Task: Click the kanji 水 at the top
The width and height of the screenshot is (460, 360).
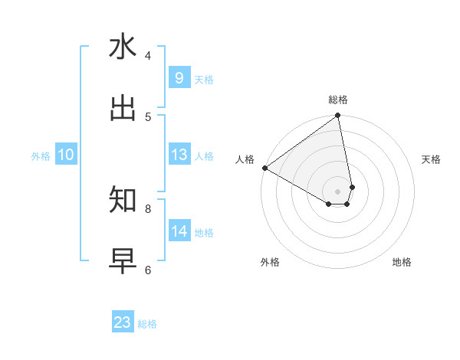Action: [x=123, y=47]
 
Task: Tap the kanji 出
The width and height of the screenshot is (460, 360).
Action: [x=123, y=109]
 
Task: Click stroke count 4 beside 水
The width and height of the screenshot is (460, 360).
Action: [x=148, y=55]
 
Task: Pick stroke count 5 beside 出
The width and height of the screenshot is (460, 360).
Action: [x=148, y=116]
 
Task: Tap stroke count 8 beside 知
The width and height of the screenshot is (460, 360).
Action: [x=148, y=208]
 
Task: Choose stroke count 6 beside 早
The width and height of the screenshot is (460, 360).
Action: [x=148, y=269]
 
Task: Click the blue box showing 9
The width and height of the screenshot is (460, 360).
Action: [x=179, y=78]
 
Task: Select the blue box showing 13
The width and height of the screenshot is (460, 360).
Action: [x=179, y=155]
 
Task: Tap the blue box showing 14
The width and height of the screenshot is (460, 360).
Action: [x=179, y=231]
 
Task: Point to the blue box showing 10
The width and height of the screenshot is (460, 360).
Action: [x=66, y=155]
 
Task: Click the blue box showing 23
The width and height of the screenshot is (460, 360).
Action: [x=123, y=322]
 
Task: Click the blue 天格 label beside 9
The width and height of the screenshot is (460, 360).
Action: [x=204, y=80]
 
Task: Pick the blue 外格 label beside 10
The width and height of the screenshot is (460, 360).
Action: [x=41, y=156]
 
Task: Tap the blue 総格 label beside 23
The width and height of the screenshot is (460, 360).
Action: [x=148, y=324]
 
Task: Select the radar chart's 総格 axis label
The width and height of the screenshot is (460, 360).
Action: [x=338, y=100]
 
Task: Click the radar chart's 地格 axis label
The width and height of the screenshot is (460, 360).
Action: [x=402, y=262]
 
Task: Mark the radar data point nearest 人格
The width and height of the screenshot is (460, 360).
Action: [x=264, y=168]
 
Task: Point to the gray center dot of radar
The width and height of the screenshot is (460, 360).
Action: [x=338, y=191]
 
